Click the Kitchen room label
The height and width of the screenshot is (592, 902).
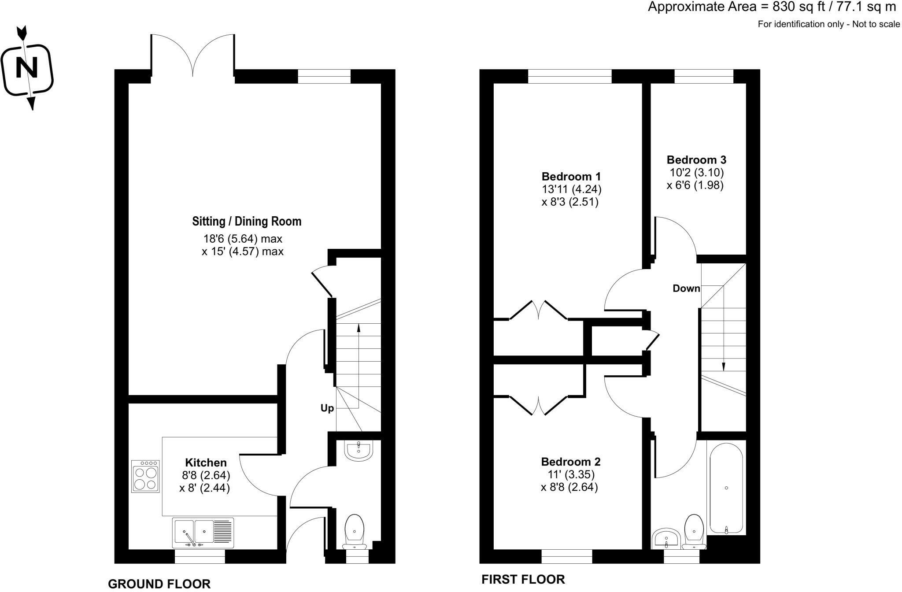click(206, 462)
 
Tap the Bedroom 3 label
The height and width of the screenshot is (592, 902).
click(696, 159)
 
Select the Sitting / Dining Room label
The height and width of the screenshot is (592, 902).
click(247, 221)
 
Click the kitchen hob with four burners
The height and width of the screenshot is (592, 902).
click(145, 476)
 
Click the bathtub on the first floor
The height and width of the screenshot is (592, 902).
click(726, 488)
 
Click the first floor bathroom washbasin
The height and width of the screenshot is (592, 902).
click(666, 539)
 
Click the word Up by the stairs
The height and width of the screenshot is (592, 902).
click(327, 408)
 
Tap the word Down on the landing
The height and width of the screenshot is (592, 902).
click(686, 289)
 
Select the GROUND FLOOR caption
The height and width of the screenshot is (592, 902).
click(159, 584)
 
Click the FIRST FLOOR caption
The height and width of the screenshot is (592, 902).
click(523, 579)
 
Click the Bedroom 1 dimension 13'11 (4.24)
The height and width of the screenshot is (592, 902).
click(572, 189)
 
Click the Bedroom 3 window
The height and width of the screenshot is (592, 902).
click(704, 77)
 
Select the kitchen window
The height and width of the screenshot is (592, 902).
click(200, 556)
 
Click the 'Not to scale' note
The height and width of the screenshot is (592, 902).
click(876, 24)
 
